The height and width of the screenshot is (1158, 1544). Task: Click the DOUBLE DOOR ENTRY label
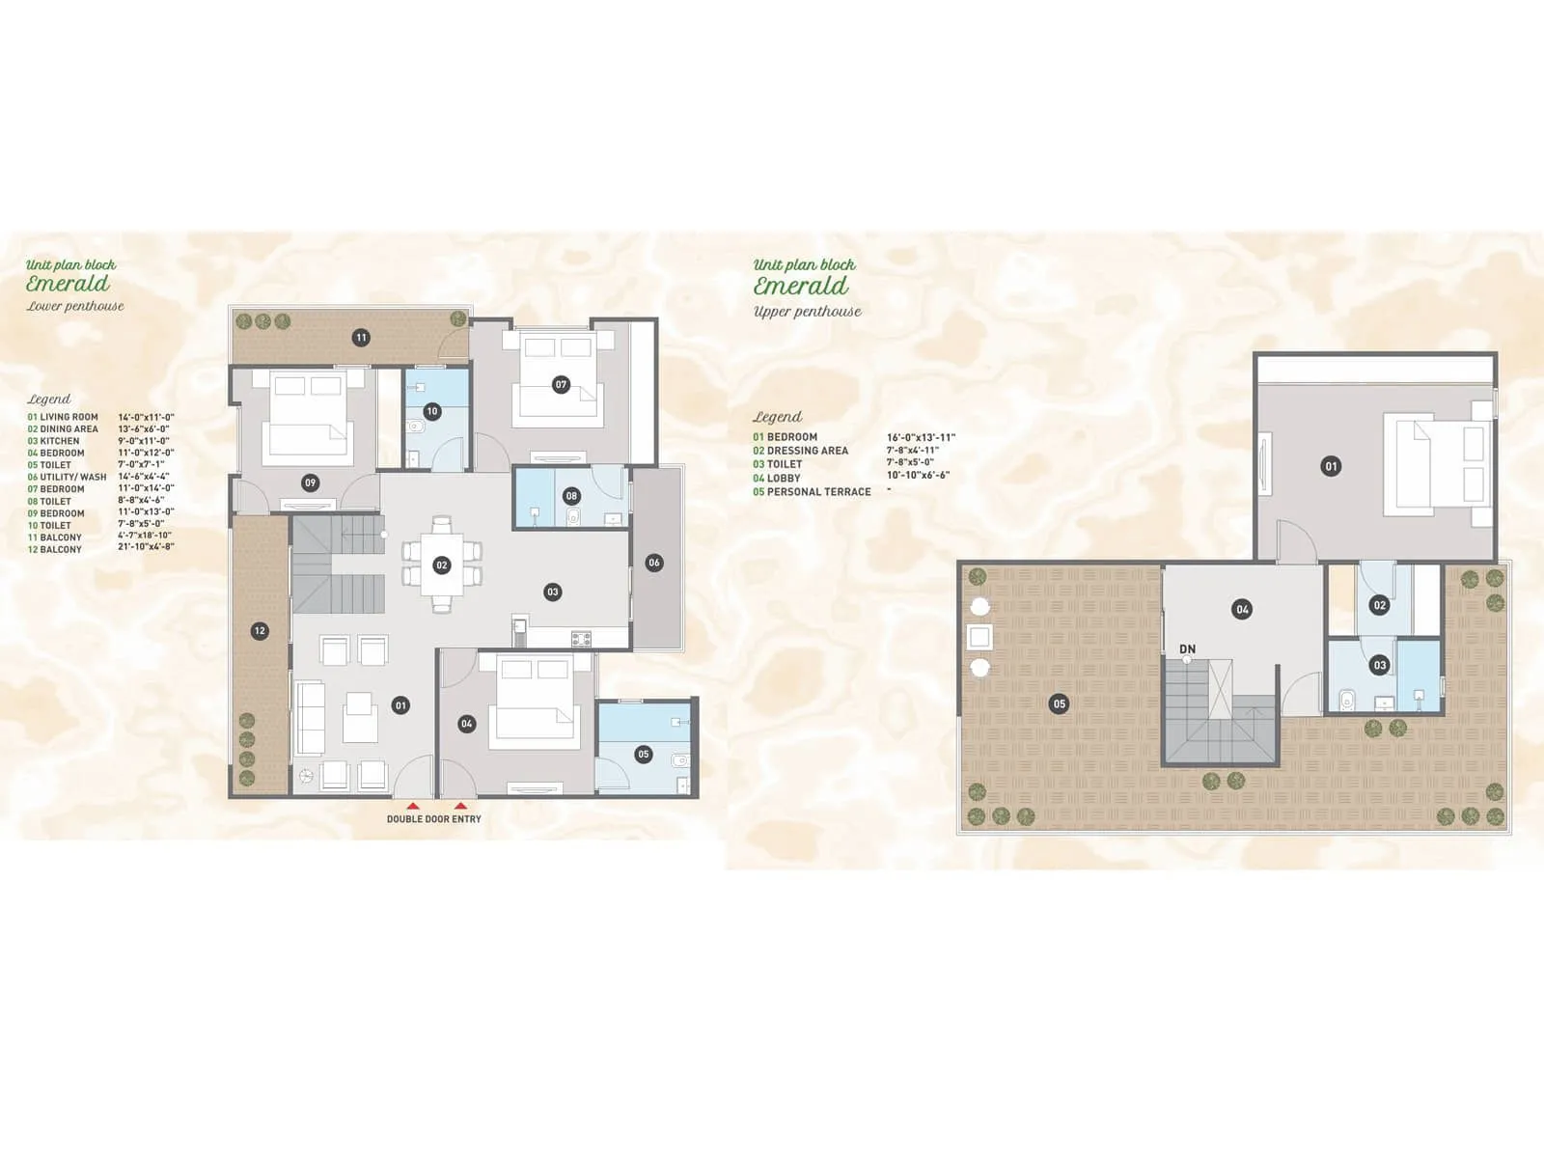(433, 819)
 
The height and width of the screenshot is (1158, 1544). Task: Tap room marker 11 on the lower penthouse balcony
(361, 338)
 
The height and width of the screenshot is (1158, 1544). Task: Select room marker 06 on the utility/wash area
(654, 563)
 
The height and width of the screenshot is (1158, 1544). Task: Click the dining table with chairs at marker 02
(441, 565)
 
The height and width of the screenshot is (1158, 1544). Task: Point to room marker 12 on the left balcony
(259, 631)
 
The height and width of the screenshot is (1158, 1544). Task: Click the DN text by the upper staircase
(1188, 649)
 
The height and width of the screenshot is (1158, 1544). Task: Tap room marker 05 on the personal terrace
(1060, 703)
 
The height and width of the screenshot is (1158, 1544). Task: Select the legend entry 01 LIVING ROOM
(63, 418)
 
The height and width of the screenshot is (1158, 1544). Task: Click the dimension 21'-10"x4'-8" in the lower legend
(146, 547)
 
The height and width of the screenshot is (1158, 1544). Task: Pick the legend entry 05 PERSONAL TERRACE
(812, 492)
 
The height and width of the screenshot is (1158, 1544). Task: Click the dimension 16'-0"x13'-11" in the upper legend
(921, 437)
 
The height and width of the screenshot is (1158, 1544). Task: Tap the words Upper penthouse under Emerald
(808, 312)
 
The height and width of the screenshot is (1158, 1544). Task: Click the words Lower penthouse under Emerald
(75, 307)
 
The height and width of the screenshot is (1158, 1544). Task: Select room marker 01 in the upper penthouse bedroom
(1331, 466)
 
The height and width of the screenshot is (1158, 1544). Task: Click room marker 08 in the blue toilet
(571, 496)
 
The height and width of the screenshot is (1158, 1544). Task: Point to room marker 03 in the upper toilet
(1379, 665)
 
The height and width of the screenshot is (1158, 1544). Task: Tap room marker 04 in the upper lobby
(1242, 609)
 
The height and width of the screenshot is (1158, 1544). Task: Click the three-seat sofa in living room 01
(311, 719)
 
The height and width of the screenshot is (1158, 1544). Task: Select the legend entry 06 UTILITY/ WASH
(68, 478)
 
